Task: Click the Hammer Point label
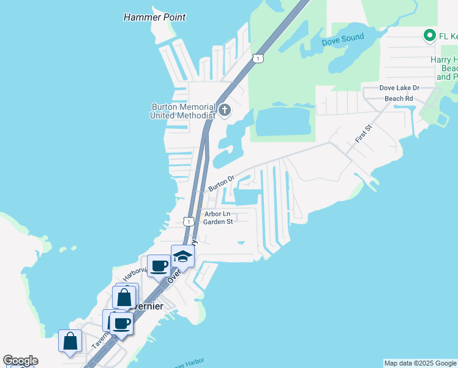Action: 154,17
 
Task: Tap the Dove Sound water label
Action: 343,39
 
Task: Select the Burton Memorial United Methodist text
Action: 184,110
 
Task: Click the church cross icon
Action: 225,110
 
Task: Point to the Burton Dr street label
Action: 222,182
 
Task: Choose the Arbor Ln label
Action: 217,214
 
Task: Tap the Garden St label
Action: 218,222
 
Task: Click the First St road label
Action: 364,134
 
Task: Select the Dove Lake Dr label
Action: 399,88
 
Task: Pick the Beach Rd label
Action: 399,98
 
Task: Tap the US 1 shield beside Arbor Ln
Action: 189,221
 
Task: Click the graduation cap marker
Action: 182,256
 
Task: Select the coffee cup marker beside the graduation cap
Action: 159,266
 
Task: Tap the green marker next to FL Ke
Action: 430,36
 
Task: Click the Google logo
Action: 20,361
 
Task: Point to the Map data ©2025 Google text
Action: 420,363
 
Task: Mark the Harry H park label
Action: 444,60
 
